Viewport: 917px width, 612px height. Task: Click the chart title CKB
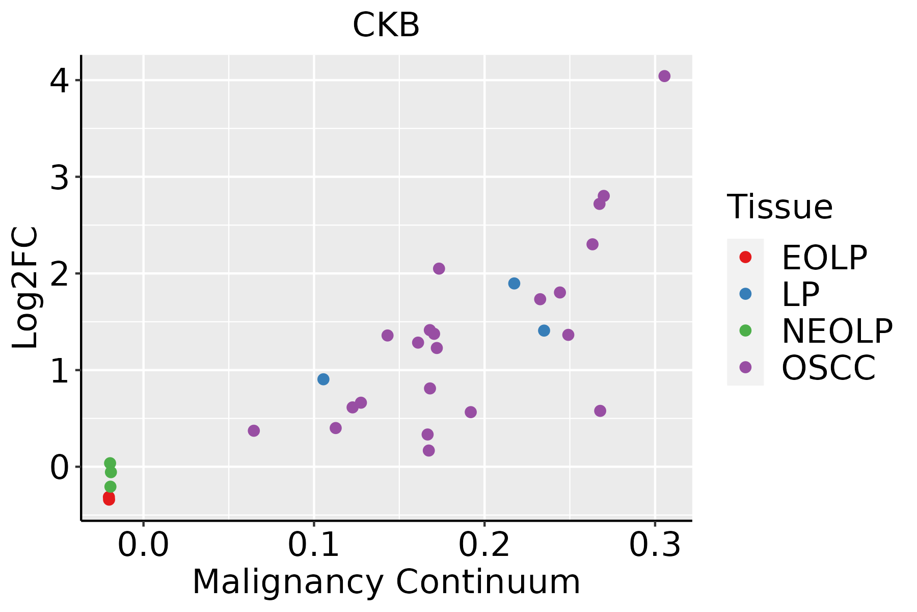pos(386,25)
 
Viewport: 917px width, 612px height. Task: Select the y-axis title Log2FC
pos(25,288)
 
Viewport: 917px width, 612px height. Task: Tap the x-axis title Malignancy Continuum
pos(386,582)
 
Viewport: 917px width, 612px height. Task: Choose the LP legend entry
pos(800,294)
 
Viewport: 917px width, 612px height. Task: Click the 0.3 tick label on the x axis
pos(655,545)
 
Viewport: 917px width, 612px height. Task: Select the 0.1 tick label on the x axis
pos(313,545)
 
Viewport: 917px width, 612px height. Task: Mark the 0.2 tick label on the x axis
pos(484,545)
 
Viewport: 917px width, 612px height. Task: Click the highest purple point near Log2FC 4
pos(664,76)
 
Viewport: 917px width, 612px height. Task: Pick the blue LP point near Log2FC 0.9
pos(323,379)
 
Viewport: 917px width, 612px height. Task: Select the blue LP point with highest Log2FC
pos(514,284)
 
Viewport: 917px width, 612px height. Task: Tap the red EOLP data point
pos(109,498)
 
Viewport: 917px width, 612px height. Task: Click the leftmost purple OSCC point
pos(254,431)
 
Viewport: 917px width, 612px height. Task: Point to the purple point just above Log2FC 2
pos(439,269)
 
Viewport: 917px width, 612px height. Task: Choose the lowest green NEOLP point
pos(110,487)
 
